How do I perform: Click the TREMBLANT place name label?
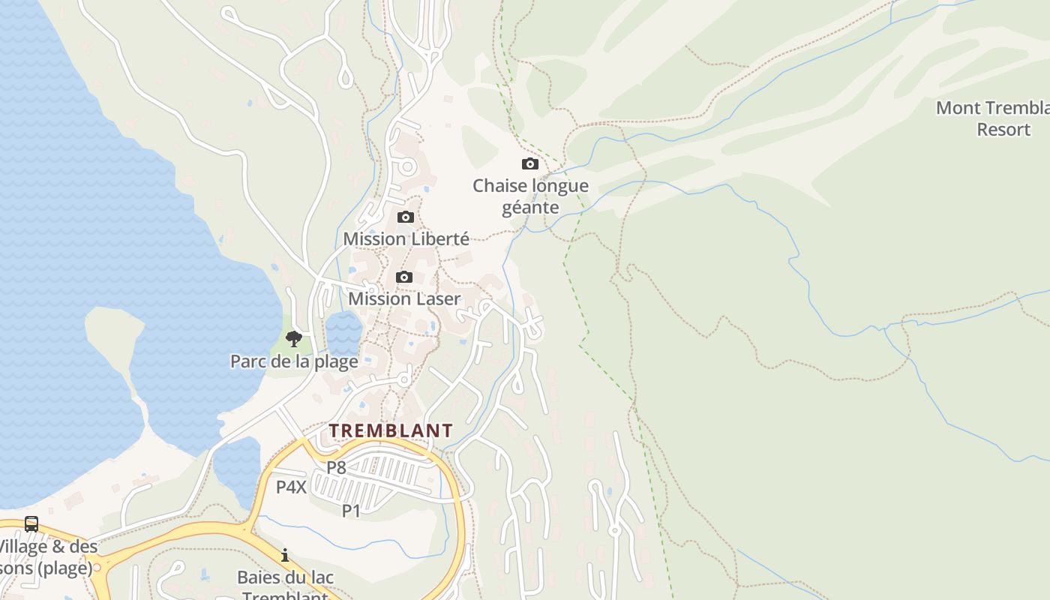pyautogui.click(x=391, y=430)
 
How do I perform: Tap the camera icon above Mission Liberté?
pyautogui.click(x=405, y=217)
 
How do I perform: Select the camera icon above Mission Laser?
pyautogui.click(x=404, y=277)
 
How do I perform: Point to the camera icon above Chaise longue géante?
pyautogui.click(x=530, y=163)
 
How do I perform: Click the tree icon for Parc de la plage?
pyautogui.click(x=294, y=339)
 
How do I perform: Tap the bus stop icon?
pyautogui.click(x=31, y=524)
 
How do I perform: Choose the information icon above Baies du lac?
pyautogui.click(x=285, y=556)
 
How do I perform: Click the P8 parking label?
pyautogui.click(x=336, y=467)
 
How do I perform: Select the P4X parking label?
pyautogui.click(x=291, y=487)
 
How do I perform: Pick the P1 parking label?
pyautogui.click(x=351, y=511)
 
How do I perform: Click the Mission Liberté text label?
pyautogui.click(x=406, y=238)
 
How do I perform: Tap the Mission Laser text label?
pyautogui.click(x=404, y=298)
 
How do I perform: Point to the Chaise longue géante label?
pyautogui.click(x=530, y=196)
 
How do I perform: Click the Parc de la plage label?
pyautogui.click(x=294, y=361)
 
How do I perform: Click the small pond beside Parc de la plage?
pyautogui.click(x=343, y=332)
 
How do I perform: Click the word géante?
pyautogui.click(x=530, y=207)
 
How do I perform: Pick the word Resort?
pyautogui.click(x=1003, y=130)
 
